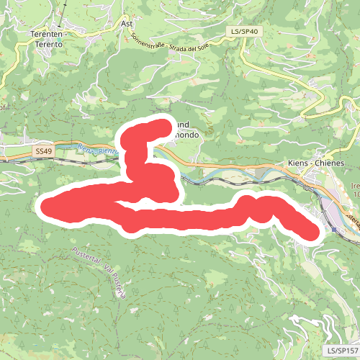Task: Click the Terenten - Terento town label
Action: click(47, 39)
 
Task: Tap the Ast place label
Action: click(128, 23)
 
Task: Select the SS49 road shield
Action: click(43, 151)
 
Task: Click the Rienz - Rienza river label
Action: click(97, 150)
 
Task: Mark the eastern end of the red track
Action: click(310, 233)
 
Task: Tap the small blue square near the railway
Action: click(336, 229)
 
